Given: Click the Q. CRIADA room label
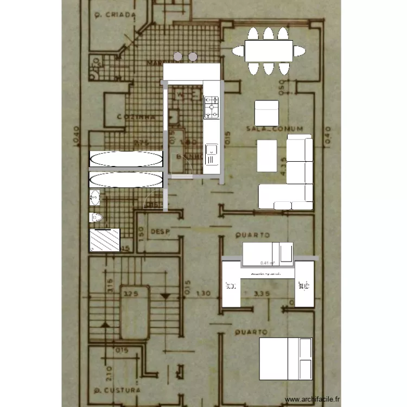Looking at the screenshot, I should pos(113,15).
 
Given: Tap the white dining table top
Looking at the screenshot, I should pos(269,51).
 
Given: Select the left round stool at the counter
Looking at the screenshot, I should pos(179,56).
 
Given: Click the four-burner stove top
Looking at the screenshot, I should pos(211,107).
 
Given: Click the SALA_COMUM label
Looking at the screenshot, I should pos(274,129).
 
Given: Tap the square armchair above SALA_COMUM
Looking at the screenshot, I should pos(266,112).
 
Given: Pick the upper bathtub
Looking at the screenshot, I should pos(126,160).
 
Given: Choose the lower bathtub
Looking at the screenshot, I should pos(126,180).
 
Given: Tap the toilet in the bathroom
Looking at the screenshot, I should pos(96,218).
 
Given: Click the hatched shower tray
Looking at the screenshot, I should pos(105,240).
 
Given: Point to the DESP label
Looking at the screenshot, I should pos(161,231).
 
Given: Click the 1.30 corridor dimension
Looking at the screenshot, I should pos(202,294).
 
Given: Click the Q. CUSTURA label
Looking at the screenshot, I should pos(117,390).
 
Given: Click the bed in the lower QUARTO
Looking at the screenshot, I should pos(285,359).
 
